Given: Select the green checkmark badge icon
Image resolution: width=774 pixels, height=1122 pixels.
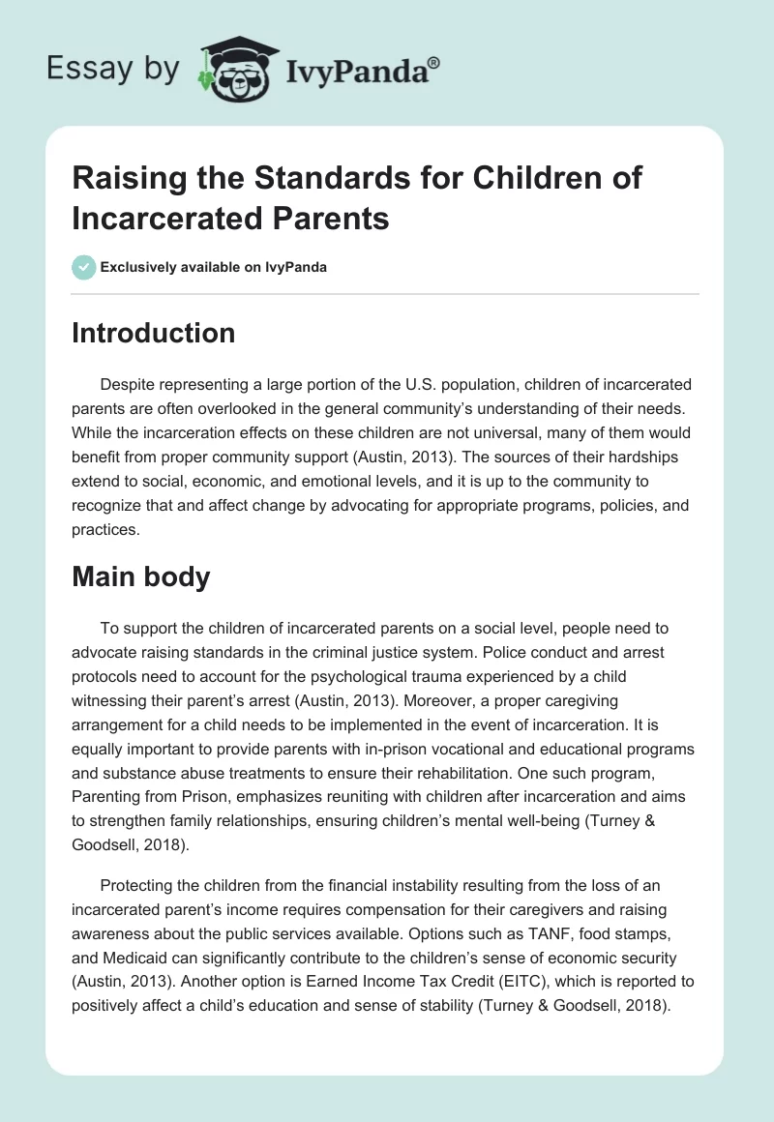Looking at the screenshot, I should (x=84, y=267).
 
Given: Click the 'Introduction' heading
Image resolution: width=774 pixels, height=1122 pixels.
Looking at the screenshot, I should (x=153, y=333).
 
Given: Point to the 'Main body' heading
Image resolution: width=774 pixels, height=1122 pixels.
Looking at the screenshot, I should (x=140, y=576).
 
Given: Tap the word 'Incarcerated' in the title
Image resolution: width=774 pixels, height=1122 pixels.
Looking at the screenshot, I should (x=168, y=219).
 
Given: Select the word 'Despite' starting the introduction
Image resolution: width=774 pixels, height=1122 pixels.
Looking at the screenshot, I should (x=128, y=385).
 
